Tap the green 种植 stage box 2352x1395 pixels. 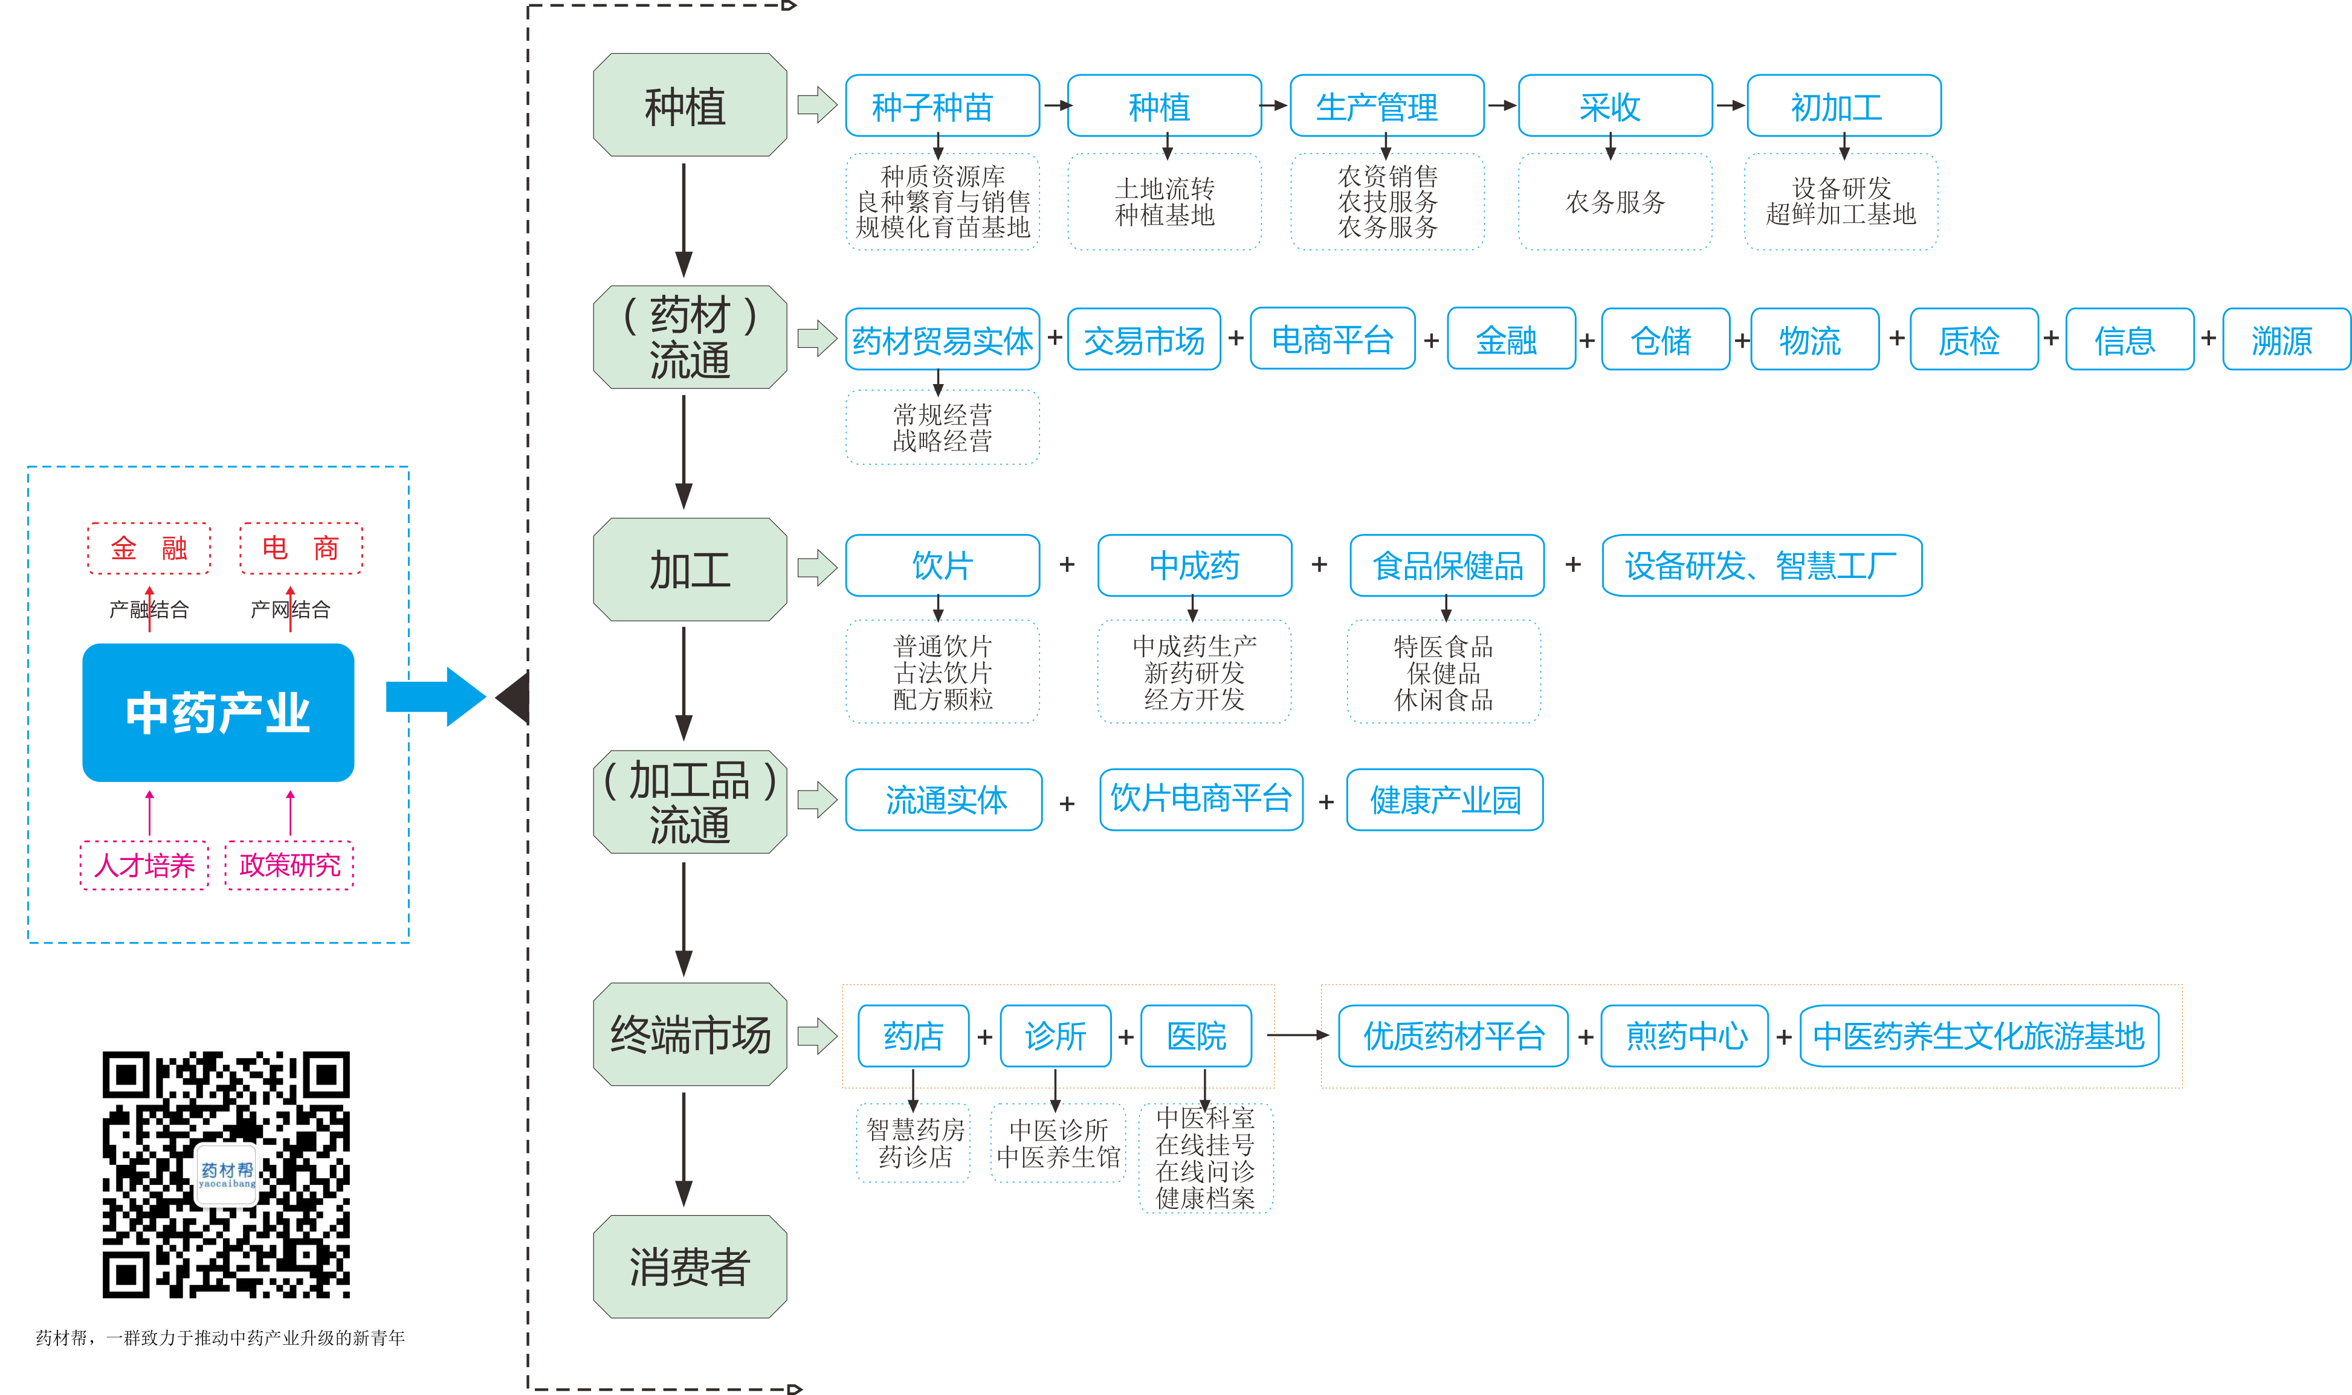point(690,105)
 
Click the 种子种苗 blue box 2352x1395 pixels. point(942,106)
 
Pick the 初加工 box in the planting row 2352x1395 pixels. point(1843,106)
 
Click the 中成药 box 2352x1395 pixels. point(1194,565)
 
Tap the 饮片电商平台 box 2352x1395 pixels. point(1200,798)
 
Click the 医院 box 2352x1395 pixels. point(1195,1035)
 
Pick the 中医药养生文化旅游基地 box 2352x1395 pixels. point(1978,1035)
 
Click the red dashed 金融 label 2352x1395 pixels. point(149,548)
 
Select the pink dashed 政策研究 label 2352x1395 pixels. point(289,865)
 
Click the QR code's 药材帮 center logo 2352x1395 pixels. point(227,1173)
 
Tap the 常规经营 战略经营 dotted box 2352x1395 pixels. point(942,428)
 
